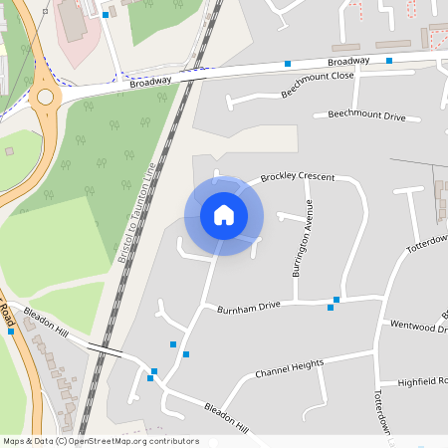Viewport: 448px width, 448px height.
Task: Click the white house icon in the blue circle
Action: tap(224, 214)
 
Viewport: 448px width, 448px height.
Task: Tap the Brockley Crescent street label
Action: tap(297, 177)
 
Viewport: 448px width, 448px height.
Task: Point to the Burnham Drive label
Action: tap(249, 308)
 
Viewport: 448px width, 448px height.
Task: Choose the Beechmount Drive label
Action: tap(366, 115)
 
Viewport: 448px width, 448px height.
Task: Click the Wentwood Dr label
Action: tap(418, 325)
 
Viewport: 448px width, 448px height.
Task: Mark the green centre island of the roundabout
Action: tap(45, 98)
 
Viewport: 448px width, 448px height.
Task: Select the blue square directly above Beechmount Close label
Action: tap(288, 64)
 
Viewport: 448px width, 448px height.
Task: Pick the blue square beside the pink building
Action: tap(106, 16)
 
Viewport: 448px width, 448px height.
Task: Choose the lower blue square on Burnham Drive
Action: tap(331, 308)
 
